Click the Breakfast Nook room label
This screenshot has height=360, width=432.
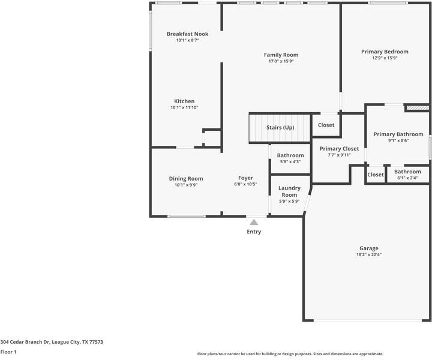pyautogui.click(x=187, y=34)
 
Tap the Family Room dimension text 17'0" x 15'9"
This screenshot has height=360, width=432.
pyautogui.click(x=281, y=61)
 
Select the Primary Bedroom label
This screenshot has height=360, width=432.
pyautogui.click(x=385, y=52)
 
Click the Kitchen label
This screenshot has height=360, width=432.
pyautogui.click(x=184, y=101)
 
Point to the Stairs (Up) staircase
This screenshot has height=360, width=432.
pyautogui.click(x=280, y=128)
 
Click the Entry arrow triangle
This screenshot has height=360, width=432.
pyautogui.click(x=254, y=223)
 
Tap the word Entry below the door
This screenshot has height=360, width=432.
pyautogui.click(x=254, y=232)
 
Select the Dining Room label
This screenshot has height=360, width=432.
pyautogui.click(x=185, y=178)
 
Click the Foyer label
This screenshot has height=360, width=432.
pyautogui.click(x=245, y=178)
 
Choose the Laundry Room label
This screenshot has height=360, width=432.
pyautogui.click(x=289, y=191)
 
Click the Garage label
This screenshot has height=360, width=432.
pyautogui.click(x=368, y=248)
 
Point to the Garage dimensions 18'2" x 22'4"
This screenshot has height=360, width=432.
pyautogui.click(x=368, y=254)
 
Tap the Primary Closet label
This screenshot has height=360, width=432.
pyautogui.click(x=339, y=148)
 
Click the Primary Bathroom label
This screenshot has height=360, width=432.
pyautogui.click(x=398, y=134)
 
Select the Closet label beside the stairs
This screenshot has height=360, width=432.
pyautogui.click(x=326, y=125)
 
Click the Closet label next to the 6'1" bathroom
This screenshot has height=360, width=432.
pyautogui.click(x=375, y=175)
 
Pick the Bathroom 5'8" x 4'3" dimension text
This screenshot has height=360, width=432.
pyautogui.click(x=290, y=162)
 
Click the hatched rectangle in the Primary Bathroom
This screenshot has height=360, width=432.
pyautogui.click(x=417, y=108)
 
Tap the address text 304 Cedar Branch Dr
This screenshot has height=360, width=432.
pyautogui.click(x=52, y=342)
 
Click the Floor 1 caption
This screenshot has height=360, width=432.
pyautogui.click(x=8, y=352)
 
